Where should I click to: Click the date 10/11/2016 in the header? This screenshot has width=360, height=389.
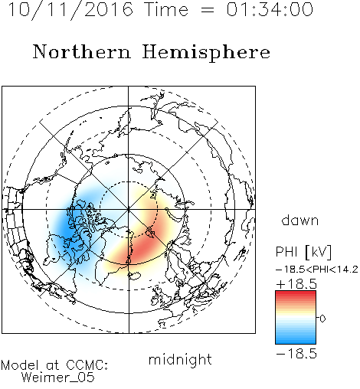click(x=70, y=9)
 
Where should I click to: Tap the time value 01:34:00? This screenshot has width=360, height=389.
click(x=270, y=9)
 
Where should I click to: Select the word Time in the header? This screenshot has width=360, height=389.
click(x=166, y=9)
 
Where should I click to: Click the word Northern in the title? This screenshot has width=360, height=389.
click(x=82, y=51)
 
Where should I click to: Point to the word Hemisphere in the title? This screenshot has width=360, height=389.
click(x=206, y=53)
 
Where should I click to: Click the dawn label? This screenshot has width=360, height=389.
click(x=300, y=221)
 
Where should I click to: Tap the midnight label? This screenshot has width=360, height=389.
click(x=180, y=359)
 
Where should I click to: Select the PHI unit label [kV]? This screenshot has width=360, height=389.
click(x=318, y=252)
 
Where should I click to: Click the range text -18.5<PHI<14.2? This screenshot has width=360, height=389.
click(x=317, y=270)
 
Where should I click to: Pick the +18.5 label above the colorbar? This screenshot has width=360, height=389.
click(x=296, y=284)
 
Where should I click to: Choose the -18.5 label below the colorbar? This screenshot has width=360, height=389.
click(x=296, y=354)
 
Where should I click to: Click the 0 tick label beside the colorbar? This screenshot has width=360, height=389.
click(x=322, y=319)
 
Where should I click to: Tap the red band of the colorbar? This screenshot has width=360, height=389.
click(x=296, y=296)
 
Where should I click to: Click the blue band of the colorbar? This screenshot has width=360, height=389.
click(x=296, y=338)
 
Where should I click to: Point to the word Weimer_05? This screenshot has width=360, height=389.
click(x=58, y=378)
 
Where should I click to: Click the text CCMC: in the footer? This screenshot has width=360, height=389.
click(x=87, y=365)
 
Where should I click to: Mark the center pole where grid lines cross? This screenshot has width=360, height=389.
click(x=129, y=209)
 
